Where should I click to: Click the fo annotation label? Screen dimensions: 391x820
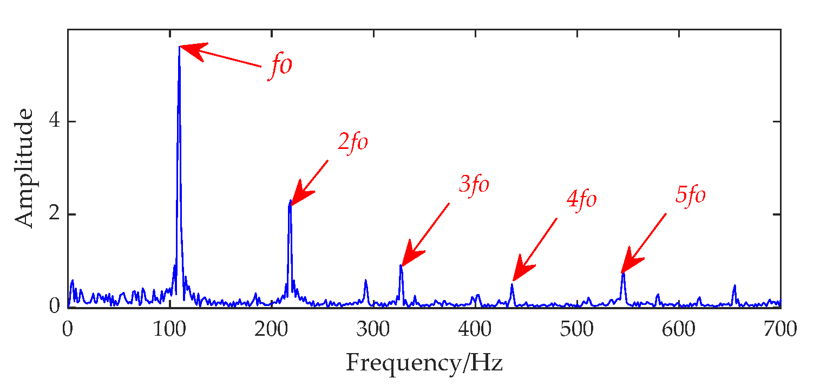(x=280, y=68)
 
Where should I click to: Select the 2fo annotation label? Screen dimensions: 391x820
(x=352, y=142)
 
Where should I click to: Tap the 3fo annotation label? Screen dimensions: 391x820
(x=474, y=185)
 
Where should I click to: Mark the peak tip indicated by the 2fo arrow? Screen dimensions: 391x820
(x=291, y=201)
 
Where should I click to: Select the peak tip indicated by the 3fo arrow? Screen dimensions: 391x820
(x=401, y=265)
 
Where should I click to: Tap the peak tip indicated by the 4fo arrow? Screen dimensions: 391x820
(x=511, y=284)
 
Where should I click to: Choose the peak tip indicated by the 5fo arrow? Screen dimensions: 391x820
(x=623, y=273)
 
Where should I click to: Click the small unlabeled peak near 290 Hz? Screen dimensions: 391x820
(x=366, y=280)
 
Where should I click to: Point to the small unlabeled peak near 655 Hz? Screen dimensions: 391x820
(x=734, y=285)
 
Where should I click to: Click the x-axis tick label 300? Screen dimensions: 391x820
(x=373, y=329)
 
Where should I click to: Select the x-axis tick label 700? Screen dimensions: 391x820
(x=780, y=329)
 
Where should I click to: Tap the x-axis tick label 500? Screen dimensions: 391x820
(x=577, y=329)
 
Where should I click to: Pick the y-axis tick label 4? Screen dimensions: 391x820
(x=54, y=121)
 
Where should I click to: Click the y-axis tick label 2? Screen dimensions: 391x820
(x=54, y=214)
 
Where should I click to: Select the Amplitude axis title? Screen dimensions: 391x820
(x=23, y=168)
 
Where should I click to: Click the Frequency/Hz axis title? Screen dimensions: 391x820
(x=424, y=362)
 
